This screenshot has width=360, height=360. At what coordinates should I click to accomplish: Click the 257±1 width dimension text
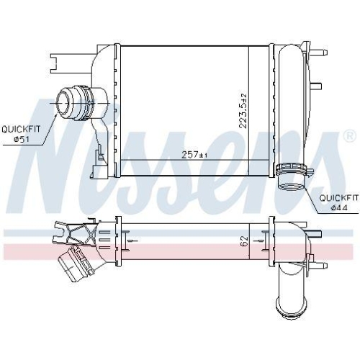click(x=194, y=155)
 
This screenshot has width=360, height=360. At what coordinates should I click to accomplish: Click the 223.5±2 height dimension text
click(x=243, y=111)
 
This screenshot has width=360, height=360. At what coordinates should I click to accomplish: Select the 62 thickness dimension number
click(x=243, y=241)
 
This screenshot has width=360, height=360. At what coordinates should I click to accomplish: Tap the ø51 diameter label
click(x=21, y=139)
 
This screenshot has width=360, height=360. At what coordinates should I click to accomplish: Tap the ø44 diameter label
click(x=339, y=208)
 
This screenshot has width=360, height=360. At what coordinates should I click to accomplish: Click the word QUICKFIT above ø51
click(x=21, y=129)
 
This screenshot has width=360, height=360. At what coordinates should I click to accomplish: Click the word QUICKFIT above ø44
click(x=339, y=198)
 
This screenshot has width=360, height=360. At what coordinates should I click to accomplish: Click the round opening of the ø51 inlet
click(x=63, y=102)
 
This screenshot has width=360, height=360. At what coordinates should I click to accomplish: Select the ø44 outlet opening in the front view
click(x=292, y=186)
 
